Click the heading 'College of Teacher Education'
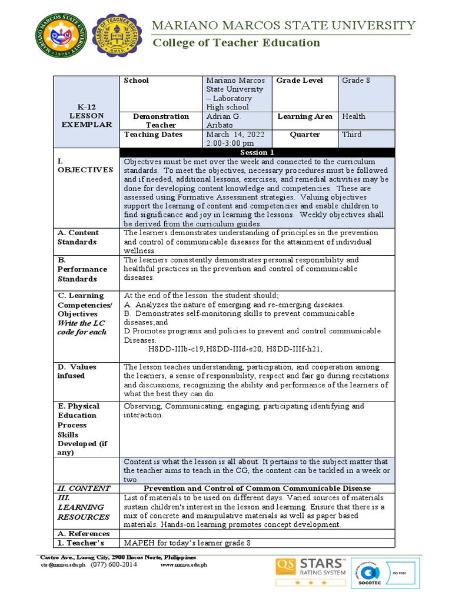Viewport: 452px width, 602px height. [x=237, y=42]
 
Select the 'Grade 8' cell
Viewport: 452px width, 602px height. [x=356, y=81]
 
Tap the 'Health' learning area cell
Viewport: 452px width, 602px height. [x=354, y=116]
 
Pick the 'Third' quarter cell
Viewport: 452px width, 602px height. [x=352, y=134]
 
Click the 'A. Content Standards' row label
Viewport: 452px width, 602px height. [x=78, y=238]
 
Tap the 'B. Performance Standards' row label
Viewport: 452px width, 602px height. [x=82, y=269]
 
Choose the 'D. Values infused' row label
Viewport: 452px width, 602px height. [x=77, y=371]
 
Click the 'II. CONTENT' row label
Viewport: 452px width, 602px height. [x=84, y=488]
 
